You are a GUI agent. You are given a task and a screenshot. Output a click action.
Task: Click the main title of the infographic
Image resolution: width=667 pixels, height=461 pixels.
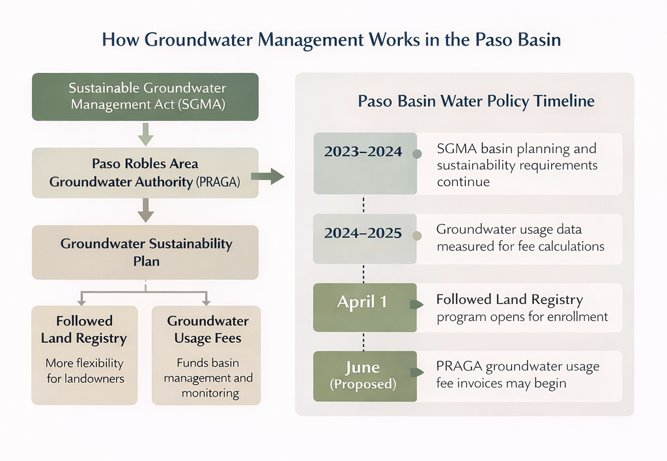click(x=332, y=40)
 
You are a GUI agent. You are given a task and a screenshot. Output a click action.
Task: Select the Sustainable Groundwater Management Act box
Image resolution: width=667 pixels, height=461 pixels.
click(x=145, y=96)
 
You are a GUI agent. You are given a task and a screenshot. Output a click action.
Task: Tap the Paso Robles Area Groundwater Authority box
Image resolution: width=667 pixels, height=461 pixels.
click(x=145, y=173)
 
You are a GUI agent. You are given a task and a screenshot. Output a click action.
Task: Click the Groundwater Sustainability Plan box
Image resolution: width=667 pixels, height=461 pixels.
click(x=145, y=252)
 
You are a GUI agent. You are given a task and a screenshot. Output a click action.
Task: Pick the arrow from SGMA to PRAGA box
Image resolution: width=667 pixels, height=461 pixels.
click(x=145, y=134)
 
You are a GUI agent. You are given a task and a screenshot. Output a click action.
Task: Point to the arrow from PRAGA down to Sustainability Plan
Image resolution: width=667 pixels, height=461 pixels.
click(x=145, y=210)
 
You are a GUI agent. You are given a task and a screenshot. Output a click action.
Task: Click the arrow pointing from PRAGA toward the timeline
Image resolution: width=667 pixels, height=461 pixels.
click(x=268, y=176)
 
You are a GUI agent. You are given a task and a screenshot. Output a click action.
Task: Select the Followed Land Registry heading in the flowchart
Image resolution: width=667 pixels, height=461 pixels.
click(x=84, y=329)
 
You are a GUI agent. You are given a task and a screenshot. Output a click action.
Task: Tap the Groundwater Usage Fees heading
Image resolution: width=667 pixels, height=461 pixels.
click(x=208, y=329)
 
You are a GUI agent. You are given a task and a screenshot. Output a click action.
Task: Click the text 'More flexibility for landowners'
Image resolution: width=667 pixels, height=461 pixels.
click(x=85, y=370)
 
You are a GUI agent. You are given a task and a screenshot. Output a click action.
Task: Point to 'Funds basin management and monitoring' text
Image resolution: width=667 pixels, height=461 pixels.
click(x=208, y=378)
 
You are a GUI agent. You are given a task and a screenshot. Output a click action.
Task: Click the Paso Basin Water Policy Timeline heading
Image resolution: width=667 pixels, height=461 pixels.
click(x=476, y=101)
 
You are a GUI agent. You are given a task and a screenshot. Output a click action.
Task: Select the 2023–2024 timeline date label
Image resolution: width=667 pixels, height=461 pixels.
click(x=363, y=152)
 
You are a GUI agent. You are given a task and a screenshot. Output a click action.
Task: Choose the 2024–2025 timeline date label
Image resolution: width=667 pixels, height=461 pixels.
click(x=363, y=233)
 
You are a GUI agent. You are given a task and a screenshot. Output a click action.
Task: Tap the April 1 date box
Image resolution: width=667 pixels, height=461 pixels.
click(x=365, y=307)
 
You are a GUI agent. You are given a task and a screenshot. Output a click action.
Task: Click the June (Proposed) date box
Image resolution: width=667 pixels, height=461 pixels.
click(x=365, y=376)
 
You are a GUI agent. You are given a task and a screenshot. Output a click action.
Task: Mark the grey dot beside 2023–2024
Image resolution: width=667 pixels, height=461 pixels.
click(x=418, y=154)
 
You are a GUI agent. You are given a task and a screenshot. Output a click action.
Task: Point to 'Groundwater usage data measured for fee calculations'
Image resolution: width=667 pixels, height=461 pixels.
click(x=520, y=238)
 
